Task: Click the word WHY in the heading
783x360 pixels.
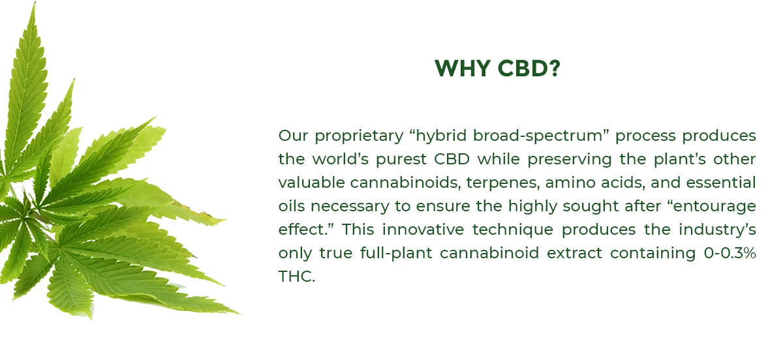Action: point(462,68)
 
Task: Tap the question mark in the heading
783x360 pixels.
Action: point(555,68)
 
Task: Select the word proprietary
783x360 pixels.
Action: point(360,136)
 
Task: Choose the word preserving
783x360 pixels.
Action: point(570,160)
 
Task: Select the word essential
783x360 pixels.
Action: point(721,183)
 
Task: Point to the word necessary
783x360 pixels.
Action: point(350,207)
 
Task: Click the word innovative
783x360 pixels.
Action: point(423,230)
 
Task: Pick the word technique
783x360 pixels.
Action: point(513,230)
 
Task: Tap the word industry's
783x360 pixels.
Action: point(717,230)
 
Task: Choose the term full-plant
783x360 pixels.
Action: point(396,254)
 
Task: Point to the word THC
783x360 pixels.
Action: point(297,277)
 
